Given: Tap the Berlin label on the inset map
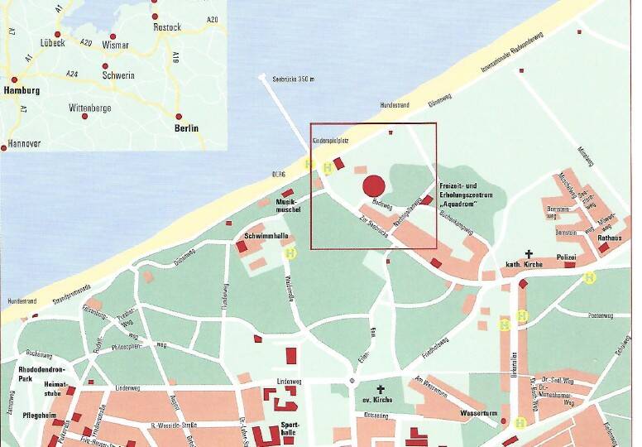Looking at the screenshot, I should (x=186, y=128).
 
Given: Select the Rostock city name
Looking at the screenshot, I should (x=167, y=26).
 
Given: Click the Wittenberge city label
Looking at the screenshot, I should (x=89, y=108).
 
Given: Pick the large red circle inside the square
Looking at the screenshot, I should (x=374, y=185).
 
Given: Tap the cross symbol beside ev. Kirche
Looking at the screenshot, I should (x=381, y=388).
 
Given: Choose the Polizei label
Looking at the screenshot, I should (x=566, y=257).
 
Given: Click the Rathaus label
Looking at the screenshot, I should (x=610, y=238).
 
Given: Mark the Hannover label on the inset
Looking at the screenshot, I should (x=24, y=143).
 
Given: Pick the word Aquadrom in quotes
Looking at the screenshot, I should (x=461, y=204).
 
